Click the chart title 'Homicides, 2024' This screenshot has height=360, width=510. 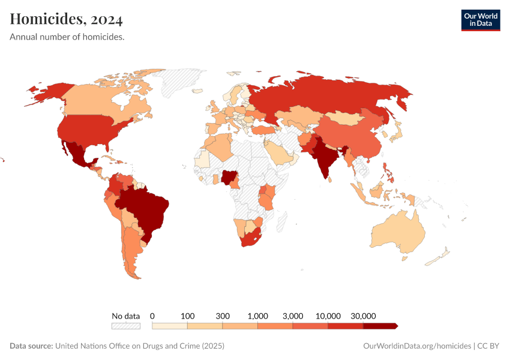click(66, 20)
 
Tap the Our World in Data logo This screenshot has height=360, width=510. click(480, 20)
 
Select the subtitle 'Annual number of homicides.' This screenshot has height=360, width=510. click(67, 37)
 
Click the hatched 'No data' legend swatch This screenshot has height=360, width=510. click(125, 326)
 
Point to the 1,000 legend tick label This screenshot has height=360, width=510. click(257, 316)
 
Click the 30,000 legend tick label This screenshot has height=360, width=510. click(363, 316)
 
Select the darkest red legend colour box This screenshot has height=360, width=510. click(380, 326)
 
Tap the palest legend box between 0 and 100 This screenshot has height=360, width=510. click(170, 326)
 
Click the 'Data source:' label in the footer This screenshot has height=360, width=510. click(31, 346)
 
